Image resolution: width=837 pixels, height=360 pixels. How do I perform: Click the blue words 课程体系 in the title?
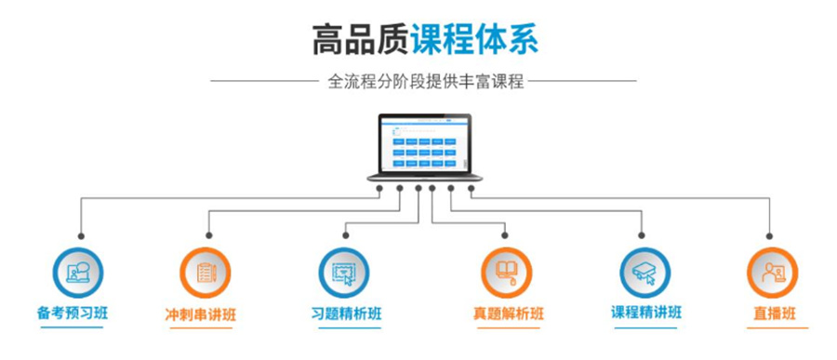(x=475, y=40)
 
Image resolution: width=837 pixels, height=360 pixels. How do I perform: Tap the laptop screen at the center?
(x=423, y=144)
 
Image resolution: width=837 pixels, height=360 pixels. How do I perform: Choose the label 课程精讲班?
(x=644, y=313)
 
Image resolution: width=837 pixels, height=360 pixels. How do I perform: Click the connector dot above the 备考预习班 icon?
(x=81, y=235)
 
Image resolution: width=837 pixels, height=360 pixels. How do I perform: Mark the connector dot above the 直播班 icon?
(x=770, y=235)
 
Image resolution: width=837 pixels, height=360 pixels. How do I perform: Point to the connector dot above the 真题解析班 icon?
(x=508, y=235)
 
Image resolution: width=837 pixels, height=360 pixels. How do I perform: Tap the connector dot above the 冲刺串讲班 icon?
(x=208, y=235)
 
